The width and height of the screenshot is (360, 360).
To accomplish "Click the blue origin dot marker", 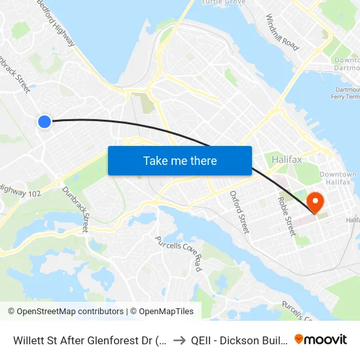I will coord(45,121).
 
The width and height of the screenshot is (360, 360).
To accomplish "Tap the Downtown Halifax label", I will coord(338,179).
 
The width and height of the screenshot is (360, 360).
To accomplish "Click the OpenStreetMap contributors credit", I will coord(65,312).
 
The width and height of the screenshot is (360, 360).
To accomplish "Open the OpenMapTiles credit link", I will coord(162,312).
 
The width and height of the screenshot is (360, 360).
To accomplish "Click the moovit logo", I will coord(321,339).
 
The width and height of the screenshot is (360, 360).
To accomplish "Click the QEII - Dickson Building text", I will coord(238,340).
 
